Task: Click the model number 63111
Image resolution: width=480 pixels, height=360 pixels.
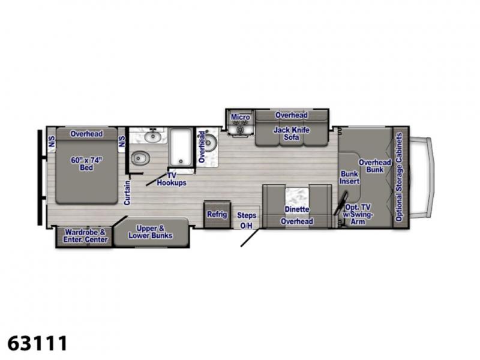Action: click(x=37, y=343)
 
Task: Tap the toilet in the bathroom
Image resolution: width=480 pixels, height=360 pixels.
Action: click(x=140, y=158)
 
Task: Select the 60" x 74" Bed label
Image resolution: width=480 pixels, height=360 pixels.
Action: click(x=86, y=164)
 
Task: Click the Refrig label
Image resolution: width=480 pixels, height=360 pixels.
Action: click(x=217, y=214)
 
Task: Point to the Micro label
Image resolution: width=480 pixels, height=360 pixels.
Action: click(x=241, y=117)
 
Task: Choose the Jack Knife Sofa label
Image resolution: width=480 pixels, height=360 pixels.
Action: click(x=292, y=134)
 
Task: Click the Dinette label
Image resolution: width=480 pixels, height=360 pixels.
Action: click(x=296, y=209)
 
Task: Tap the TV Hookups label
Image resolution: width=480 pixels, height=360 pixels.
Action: click(x=172, y=179)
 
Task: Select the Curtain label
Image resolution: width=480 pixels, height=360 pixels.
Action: click(x=127, y=193)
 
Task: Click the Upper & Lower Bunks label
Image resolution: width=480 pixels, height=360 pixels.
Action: click(x=151, y=232)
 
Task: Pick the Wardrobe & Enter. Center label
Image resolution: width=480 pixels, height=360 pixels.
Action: click(x=85, y=236)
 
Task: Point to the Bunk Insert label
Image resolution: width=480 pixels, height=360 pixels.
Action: click(x=349, y=178)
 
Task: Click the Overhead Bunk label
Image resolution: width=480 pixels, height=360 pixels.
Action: click(x=374, y=166)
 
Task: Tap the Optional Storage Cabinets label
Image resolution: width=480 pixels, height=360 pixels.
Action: click(x=398, y=177)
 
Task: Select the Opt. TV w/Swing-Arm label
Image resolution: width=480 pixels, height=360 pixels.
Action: click(x=357, y=214)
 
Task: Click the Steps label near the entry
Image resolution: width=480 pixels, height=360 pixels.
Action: click(x=247, y=215)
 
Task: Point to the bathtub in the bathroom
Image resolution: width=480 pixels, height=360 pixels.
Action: click(x=181, y=147)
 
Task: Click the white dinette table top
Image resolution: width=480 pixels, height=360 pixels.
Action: click(x=297, y=197)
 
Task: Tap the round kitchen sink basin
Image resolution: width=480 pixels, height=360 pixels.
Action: click(x=211, y=142)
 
